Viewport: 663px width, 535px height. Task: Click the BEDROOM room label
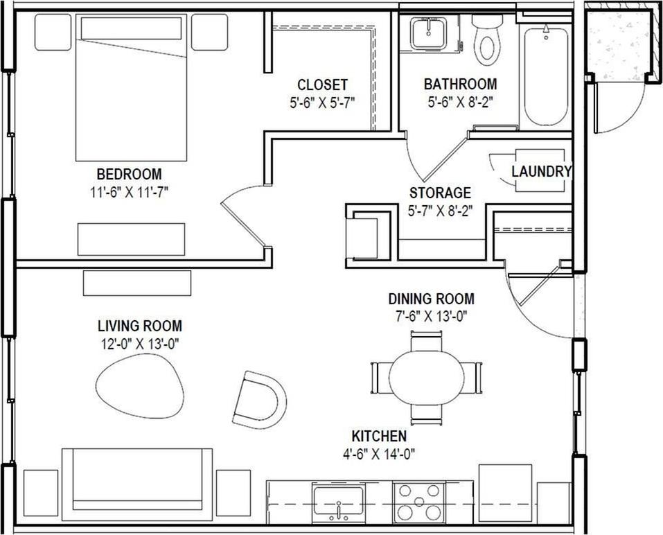[129, 174]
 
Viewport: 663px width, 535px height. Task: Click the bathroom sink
[428, 33]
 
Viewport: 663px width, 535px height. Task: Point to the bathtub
[546, 76]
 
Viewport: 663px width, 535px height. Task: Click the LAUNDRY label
[541, 171]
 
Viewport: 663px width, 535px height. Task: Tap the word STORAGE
[439, 193]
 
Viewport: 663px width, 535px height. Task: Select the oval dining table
[426, 377]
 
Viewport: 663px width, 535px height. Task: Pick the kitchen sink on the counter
[338, 500]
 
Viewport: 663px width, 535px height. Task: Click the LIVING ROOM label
[139, 325]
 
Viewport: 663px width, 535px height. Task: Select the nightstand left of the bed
[53, 32]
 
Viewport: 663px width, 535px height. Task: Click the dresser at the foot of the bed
[131, 239]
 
